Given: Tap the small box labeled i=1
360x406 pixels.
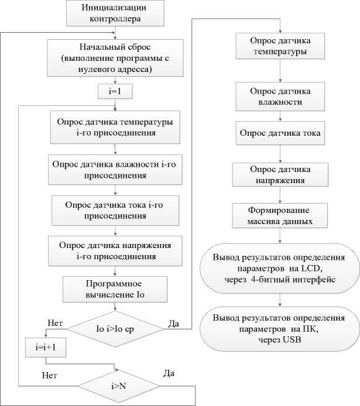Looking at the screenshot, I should [x=115, y=92].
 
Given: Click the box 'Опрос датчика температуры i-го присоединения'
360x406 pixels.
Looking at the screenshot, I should [x=115, y=127].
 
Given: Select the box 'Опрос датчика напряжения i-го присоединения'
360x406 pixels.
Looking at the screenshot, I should [x=115, y=250].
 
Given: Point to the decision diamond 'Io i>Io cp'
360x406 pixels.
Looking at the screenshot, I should [x=115, y=329].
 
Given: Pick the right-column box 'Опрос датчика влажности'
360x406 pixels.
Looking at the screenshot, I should [x=280, y=97].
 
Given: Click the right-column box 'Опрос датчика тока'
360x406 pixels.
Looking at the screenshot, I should [x=280, y=133].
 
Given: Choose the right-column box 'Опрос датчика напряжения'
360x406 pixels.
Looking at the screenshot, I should [x=280, y=174].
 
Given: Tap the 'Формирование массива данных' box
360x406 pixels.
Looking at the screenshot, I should [x=280, y=216].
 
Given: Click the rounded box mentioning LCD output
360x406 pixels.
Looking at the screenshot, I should [x=280, y=269].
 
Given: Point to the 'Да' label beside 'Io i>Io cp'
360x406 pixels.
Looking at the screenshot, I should [x=174, y=323].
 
